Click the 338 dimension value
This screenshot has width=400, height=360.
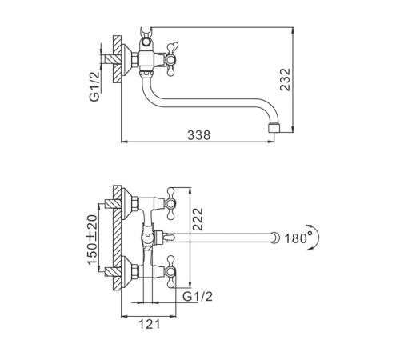198,135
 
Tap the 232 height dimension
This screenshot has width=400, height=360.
285,79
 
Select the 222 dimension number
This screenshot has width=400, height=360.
198,219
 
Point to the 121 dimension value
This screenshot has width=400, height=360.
150,324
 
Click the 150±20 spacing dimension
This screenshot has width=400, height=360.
93,239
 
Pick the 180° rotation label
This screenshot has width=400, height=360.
298,238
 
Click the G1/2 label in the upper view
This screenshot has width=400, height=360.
94,86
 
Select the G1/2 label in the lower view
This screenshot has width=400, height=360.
198,296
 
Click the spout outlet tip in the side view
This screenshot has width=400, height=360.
274,128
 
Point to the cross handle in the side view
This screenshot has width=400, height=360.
170,59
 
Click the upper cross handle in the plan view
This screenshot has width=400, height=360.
170,204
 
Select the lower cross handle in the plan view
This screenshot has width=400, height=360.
170,272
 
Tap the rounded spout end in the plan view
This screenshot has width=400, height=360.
275,238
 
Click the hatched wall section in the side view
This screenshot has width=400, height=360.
117,59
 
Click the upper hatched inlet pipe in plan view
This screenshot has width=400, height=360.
113,204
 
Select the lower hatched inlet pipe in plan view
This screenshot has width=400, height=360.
113,272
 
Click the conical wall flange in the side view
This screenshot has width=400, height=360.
126,59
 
